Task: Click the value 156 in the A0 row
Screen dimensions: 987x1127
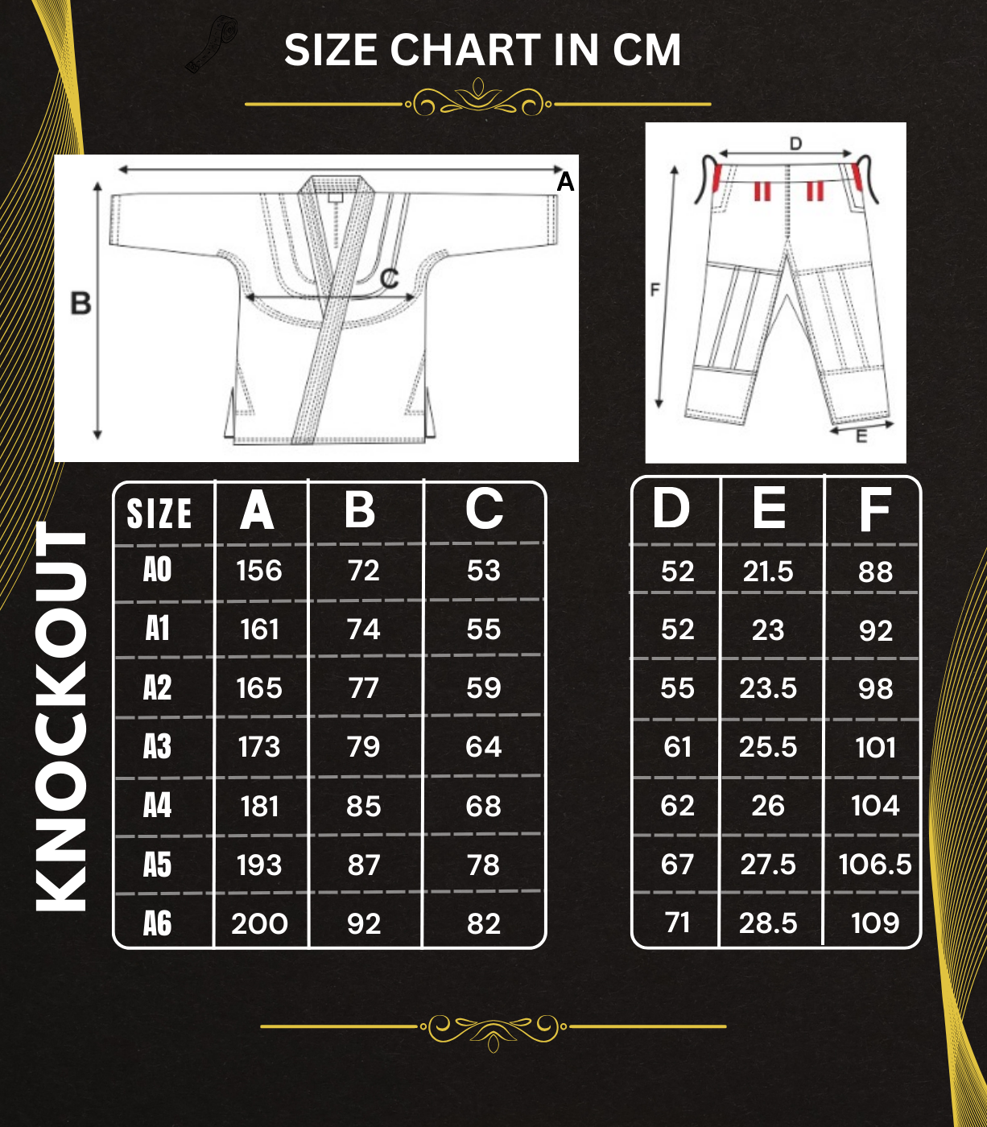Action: (x=259, y=571)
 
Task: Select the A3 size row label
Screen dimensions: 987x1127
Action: (x=158, y=747)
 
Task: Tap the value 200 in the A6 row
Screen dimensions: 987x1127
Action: (x=259, y=924)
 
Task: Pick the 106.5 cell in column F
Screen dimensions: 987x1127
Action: (x=875, y=865)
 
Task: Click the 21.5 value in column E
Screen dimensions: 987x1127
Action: (x=768, y=572)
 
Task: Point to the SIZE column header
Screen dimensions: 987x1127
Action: (x=159, y=514)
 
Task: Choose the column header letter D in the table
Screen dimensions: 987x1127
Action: (x=671, y=509)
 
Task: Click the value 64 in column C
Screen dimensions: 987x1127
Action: (x=484, y=747)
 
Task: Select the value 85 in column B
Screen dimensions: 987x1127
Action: (x=364, y=807)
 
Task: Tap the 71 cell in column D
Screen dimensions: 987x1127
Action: (x=678, y=923)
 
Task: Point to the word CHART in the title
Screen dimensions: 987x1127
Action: (x=466, y=50)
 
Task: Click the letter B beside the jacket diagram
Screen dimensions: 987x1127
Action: (x=81, y=303)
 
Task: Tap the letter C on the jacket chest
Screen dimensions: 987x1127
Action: (x=389, y=279)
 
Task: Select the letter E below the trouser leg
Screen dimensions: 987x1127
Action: (x=861, y=437)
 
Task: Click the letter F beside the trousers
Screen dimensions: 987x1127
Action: (x=655, y=289)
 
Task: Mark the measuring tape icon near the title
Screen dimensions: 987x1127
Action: (x=212, y=45)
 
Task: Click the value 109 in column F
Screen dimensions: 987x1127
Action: (x=875, y=923)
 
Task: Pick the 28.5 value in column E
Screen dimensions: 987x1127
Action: (x=768, y=924)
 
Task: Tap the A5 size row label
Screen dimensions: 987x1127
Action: (x=158, y=865)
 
